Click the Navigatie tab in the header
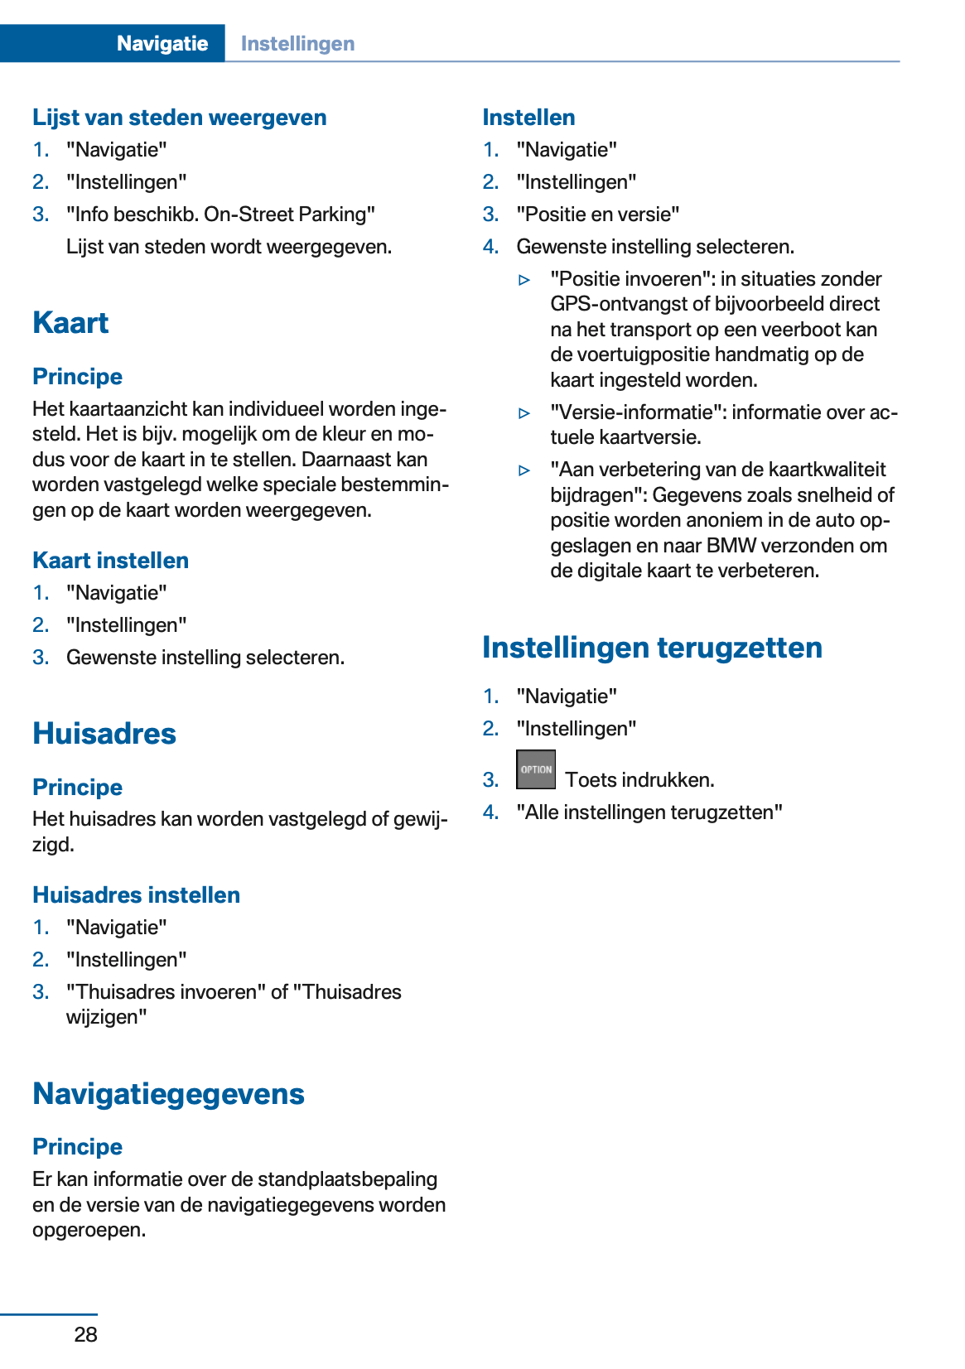[x=162, y=43]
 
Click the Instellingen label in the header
[x=297, y=44]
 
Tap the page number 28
[x=85, y=1334]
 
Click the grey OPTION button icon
[x=535, y=769]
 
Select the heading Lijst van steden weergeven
[x=179, y=118]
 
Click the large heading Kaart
[x=70, y=323]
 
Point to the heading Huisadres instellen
[x=136, y=895]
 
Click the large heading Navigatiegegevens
[x=168, y=1094]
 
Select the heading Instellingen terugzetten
[x=652, y=648]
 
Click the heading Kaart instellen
[x=110, y=561]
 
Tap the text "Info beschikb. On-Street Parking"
[x=220, y=215]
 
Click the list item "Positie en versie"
[x=597, y=215]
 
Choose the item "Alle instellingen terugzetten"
[x=649, y=812]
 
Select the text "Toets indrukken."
[x=639, y=780]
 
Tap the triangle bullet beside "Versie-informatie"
[x=524, y=413]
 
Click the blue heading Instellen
[x=528, y=118]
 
